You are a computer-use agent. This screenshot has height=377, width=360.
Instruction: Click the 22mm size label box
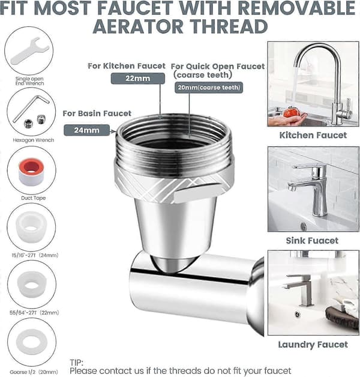[138, 79]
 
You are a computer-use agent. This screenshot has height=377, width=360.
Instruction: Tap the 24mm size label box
[86, 130]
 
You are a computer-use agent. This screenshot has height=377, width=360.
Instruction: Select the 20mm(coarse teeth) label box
[209, 88]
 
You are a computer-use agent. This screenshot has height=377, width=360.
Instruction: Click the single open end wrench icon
[29, 51]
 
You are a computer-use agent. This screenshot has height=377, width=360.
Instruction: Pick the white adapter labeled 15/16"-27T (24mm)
[31, 226]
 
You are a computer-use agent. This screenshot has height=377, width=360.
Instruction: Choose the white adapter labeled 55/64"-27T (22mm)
[32, 285]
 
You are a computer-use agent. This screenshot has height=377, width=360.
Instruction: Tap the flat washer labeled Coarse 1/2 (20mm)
[32, 342]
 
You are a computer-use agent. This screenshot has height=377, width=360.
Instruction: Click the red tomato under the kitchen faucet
[291, 112]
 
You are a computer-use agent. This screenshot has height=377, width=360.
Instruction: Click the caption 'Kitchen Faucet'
[313, 135]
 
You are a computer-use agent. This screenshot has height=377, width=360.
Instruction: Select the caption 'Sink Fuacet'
[312, 241]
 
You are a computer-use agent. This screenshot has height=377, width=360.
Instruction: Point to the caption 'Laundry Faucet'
[313, 345]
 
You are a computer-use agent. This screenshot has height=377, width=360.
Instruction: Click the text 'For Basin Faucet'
[97, 113]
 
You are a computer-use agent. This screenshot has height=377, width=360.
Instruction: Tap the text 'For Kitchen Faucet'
[127, 66]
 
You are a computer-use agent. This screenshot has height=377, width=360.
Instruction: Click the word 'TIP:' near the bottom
[77, 363]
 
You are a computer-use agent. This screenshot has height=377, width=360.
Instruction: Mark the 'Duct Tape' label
[33, 198]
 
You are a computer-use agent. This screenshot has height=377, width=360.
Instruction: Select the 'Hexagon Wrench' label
[34, 140]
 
